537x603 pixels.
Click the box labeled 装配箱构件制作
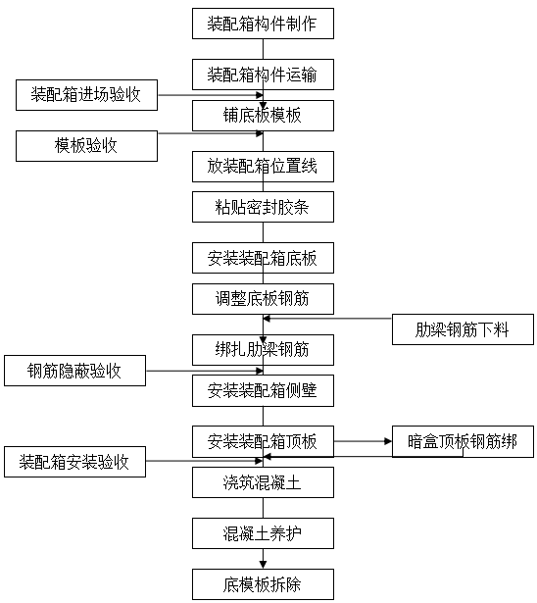click(x=263, y=24)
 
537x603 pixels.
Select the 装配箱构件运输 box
click(x=263, y=75)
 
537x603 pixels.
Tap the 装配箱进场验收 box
click(x=86, y=95)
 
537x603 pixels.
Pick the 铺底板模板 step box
click(x=263, y=116)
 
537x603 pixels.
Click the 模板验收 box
click(x=86, y=146)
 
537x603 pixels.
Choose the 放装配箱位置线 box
click(x=263, y=167)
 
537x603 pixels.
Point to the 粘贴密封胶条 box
click(x=263, y=207)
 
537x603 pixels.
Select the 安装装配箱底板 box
click(x=263, y=258)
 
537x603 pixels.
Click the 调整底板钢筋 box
click(x=263, y=299)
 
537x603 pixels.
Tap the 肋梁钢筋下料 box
click(x=463, y=329)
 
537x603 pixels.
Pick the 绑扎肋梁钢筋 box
click(x=263, y=350)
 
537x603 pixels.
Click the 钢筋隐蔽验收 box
click(x=74, y=371)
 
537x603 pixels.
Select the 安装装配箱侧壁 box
click(x=263, y=390)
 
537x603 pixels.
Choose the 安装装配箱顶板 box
click(x=263, y=441)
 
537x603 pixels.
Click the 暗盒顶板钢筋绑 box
click(x=463, y=441)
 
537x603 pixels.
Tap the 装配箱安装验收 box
click(x=74, y=462)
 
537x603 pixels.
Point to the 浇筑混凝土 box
click(x=263, y=482)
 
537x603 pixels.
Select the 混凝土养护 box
click(x=263, y=533)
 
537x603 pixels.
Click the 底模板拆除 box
click(x=263, y=584)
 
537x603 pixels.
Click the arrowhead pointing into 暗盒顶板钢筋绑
click(x=388, y=441)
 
